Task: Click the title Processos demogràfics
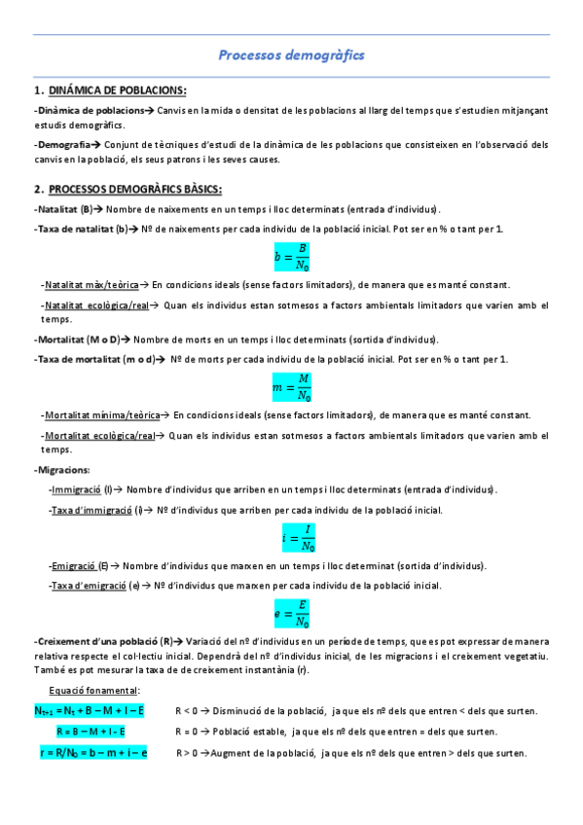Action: [x=291, y=55]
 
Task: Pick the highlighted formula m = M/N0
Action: [x=292, y=388]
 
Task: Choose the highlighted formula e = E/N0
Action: [x=292, y=613]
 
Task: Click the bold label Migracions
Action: [x=64, y=470]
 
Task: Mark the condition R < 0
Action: [x=189, y=711]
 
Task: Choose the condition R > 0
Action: [x=189, y=753]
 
